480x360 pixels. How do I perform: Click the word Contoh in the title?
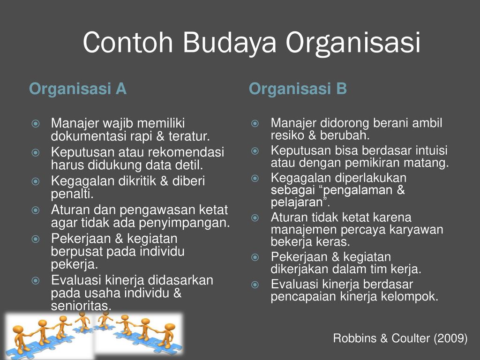[x=128, y=42]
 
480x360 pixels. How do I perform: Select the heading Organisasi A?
[x=78, y=89]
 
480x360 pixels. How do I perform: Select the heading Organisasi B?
[x=298, y=89]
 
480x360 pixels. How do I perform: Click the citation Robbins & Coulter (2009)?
[x=400, y=338]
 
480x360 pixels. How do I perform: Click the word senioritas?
[x=81, y=306]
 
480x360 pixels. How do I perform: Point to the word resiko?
[x=287, y=135]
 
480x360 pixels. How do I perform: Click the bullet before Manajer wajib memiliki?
[x=36, y=124]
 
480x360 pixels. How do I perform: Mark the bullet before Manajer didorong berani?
[x=255, y=124]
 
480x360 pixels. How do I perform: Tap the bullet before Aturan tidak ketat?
[x=255, y=218]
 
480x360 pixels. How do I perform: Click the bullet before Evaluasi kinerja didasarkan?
[x=36, y=281]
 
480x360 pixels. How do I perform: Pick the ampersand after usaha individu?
[x=178, y=293]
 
